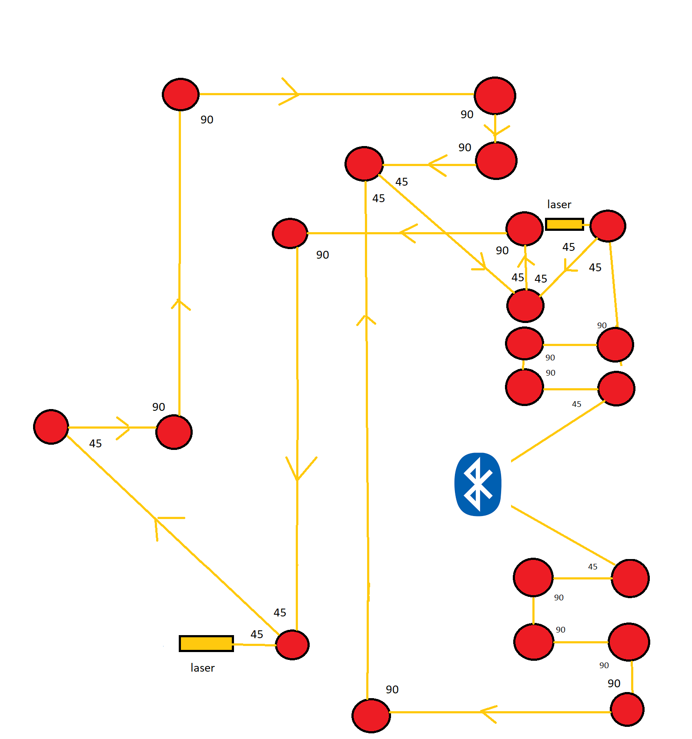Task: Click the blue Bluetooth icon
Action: [478, 484]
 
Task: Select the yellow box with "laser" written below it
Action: [206, 643]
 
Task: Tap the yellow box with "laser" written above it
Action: [564, 224]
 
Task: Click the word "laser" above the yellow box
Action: [559, 204]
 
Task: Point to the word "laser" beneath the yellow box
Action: [202, 668]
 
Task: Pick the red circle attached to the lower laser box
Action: [292, 645]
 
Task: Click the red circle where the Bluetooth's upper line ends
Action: [616, 388]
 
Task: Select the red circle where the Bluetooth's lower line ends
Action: [630, 578]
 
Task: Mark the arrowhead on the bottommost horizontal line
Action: [488, 712]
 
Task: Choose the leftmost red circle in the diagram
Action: [51, 426]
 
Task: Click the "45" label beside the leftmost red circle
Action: [95, 443]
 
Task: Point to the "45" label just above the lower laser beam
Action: [257, 634]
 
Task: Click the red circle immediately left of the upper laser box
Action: [525, 229]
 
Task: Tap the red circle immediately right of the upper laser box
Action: [608, 226]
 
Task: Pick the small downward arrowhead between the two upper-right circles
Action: [495, 130]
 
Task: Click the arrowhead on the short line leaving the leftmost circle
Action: [124, 428]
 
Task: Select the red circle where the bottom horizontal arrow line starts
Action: [627, 709]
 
